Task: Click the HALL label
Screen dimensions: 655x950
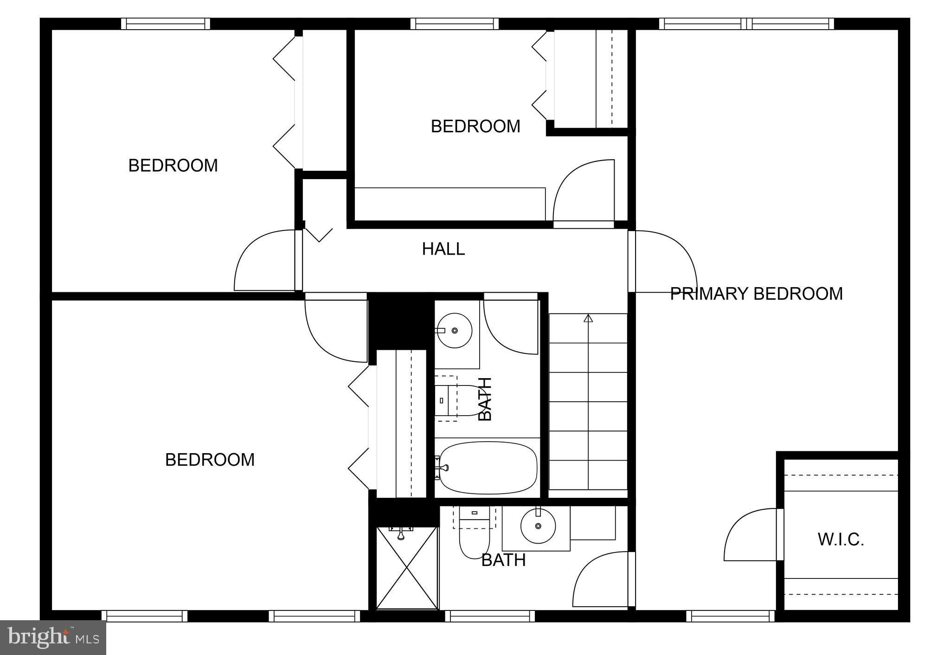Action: [x=443, y=249]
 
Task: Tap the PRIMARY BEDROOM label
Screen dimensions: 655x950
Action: [x=756, y=294]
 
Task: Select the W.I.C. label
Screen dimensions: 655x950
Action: [x=841, y=539]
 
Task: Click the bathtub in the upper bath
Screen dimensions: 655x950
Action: [x=488, y=468]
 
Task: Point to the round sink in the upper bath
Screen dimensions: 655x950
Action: [x=455, y=330]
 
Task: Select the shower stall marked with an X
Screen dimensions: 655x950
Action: [x=407, y=568]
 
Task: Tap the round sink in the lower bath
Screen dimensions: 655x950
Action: [x=538, y=526]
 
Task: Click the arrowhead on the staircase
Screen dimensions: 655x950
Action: [x=588, y=318]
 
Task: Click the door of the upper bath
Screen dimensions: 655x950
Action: [x=510, y=325]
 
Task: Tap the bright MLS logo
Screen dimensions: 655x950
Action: [x=53, y=637]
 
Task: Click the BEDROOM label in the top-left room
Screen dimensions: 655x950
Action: [x=173, y=166]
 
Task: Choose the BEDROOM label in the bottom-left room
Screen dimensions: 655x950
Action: [x=210, y=460]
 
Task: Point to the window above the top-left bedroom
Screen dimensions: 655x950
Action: [x=166, y=24]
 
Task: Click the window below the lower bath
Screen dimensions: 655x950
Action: [x=490, y=616]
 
